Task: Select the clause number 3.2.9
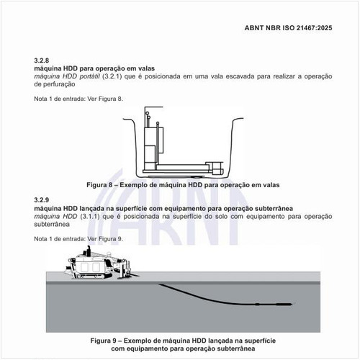(42, 199)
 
